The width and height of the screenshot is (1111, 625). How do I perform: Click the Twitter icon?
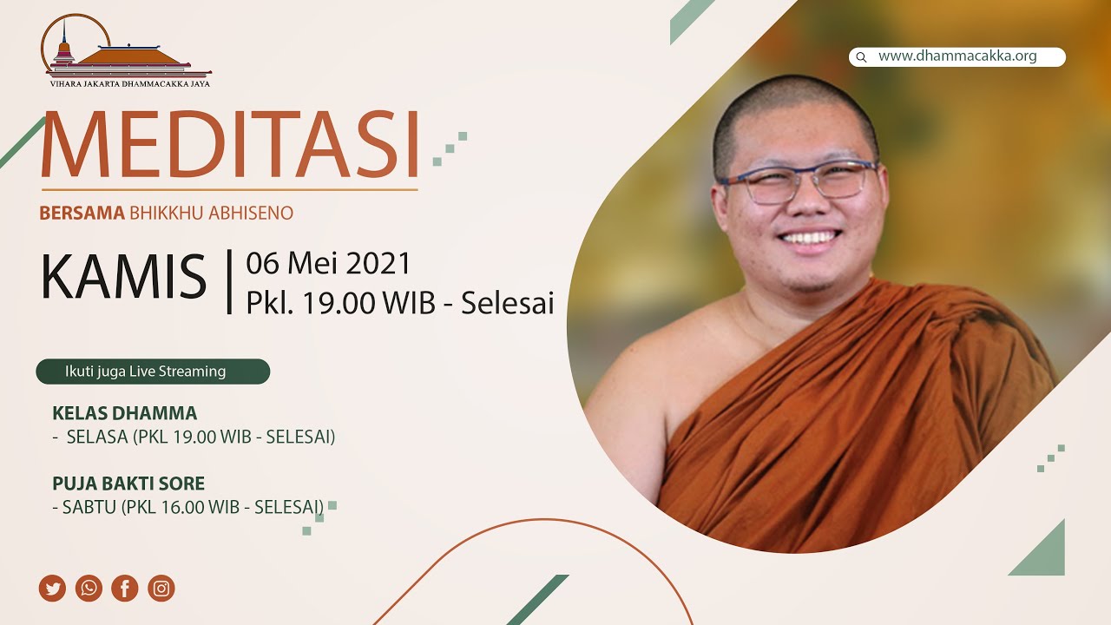coord(52,589)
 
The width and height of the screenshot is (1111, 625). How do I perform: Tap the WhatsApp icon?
coord(89,589)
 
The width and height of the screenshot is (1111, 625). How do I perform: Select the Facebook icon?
coord(125,589)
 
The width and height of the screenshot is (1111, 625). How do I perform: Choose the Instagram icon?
coord(161,589)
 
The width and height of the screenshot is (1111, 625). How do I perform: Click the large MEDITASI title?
coord(231,144)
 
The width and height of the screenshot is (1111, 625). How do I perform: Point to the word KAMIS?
coord(123,277)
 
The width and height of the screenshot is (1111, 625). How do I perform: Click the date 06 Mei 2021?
coord(328,263)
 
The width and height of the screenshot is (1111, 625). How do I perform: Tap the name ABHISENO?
coord(251,213)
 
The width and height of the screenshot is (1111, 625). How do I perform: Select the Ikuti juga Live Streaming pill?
coord(153,372)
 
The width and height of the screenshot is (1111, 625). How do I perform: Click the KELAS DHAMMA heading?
coord(124,412)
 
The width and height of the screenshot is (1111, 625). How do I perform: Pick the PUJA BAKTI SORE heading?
coord(128,484)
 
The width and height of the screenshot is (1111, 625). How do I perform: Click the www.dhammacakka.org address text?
coord(957,56)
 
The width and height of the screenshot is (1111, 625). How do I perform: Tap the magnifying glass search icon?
coord(862,57)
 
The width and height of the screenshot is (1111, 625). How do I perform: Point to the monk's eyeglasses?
coord(797,181)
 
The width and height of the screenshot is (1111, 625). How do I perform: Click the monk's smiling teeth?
coord(809,238)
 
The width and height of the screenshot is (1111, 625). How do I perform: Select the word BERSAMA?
coord(82,213)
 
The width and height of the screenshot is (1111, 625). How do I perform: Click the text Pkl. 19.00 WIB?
coord(341,303)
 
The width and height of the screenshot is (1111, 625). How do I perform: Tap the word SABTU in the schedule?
coord(89,507)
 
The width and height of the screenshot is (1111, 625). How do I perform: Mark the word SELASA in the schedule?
coord(97,437)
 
